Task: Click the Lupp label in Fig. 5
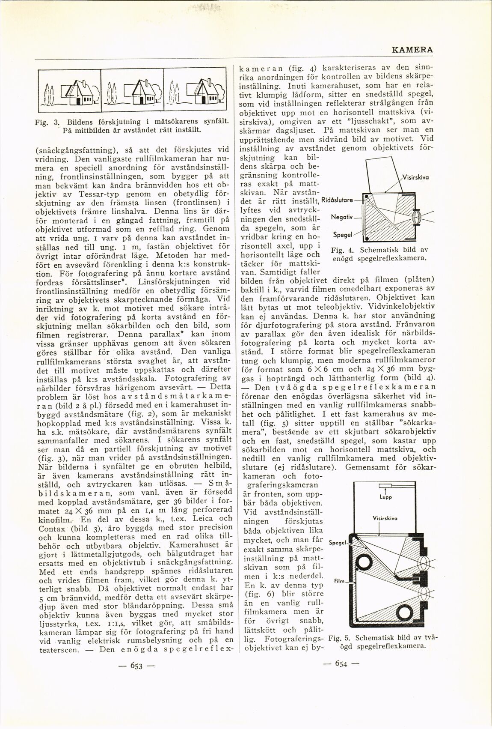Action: pos(385,497)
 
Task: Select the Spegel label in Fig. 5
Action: pos(337,543)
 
